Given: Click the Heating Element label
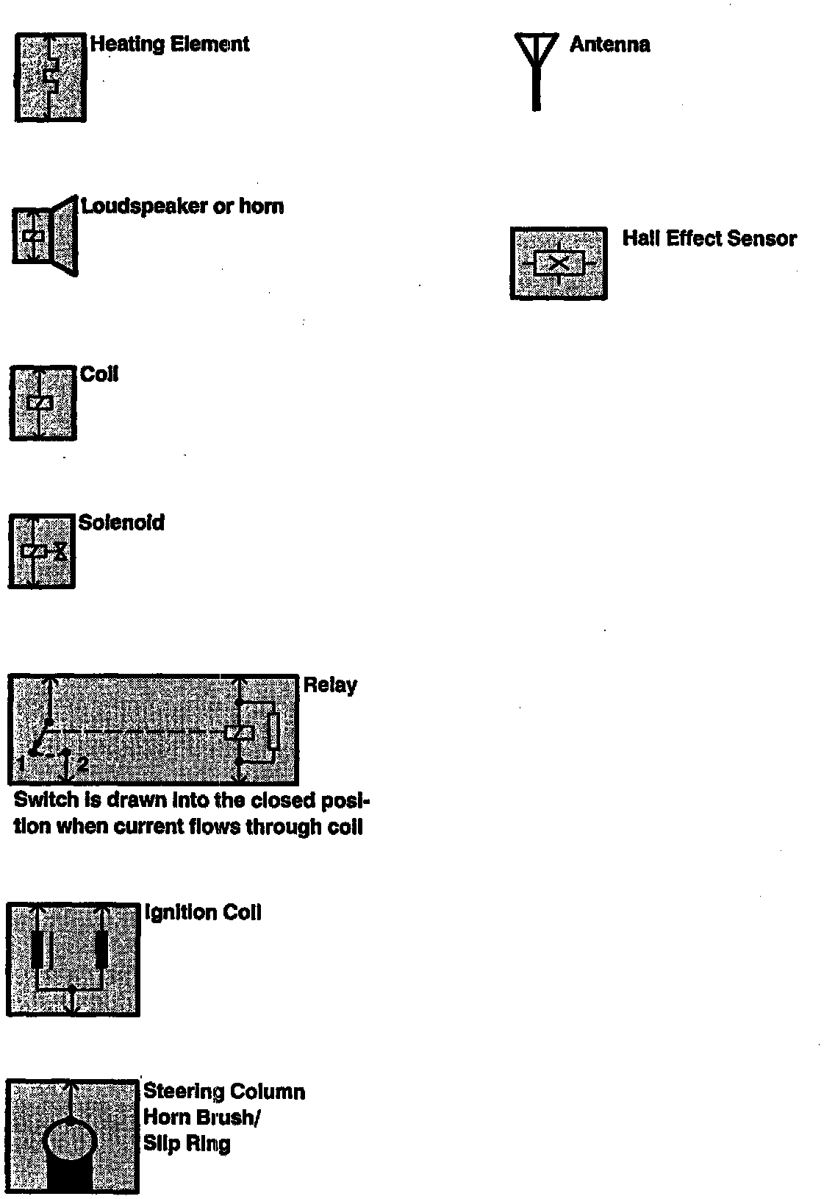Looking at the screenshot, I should click(170, 44).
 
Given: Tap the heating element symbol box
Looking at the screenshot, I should click(50, 77).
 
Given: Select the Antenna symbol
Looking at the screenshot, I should click(536, 70).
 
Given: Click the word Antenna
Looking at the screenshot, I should click(609, 45).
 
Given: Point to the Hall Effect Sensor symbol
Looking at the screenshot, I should click(559, 263).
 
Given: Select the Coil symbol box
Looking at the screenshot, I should click(43, 402).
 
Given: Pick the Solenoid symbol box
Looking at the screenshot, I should click(42, 551).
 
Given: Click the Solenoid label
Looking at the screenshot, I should click(121, 523).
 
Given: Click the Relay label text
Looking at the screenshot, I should click(330, 686).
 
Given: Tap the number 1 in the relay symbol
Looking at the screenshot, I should click(23, 764).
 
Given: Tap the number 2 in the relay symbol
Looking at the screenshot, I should click(82, 764).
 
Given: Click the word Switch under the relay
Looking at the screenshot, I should click(46, 800).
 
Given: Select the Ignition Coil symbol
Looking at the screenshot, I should click(73, 959).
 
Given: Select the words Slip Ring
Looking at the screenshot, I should click(187, 1144).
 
